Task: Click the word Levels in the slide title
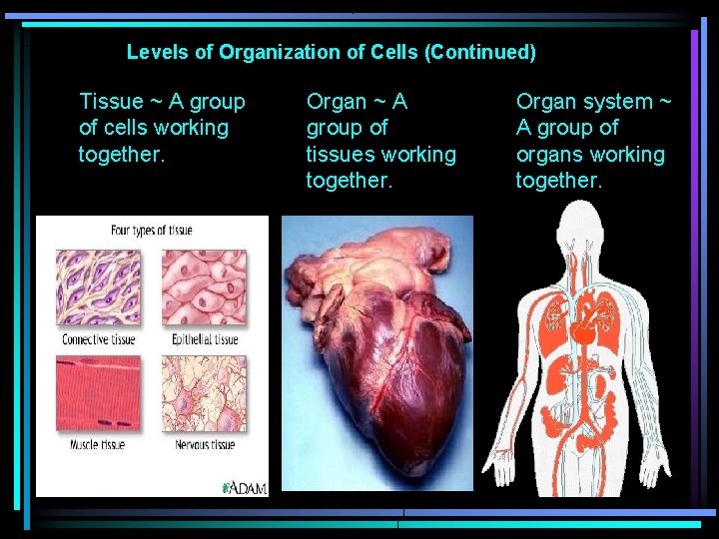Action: point(151,52)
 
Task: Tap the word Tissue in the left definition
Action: point(111,102)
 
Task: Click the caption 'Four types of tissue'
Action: point(152,231)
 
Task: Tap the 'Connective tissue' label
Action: point(99,339)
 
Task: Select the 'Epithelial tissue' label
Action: point(205,339)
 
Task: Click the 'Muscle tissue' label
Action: point(98,444)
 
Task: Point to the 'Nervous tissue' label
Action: point(205,444)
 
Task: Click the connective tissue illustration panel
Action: point(98,287)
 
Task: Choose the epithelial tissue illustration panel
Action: point(204,287)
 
